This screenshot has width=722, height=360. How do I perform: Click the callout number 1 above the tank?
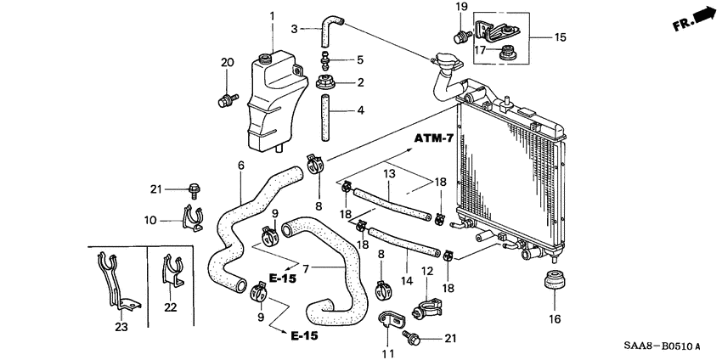[x=272, y=16]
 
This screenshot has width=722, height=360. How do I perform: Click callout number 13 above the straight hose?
[x=389, y=173]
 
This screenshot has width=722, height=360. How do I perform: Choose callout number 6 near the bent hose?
[x=240, y=165]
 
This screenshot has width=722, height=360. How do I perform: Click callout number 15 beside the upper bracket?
[x=560, y=37]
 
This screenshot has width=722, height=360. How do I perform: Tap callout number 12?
[x=427, y=271]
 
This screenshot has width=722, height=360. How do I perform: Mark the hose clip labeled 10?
[x=195, y=220]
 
